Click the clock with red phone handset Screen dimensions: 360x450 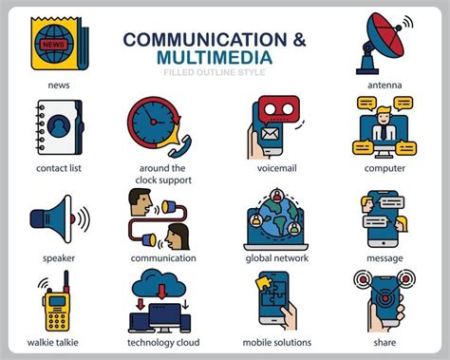coord(159,128)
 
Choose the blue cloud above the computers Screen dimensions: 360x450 coord(161,284)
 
